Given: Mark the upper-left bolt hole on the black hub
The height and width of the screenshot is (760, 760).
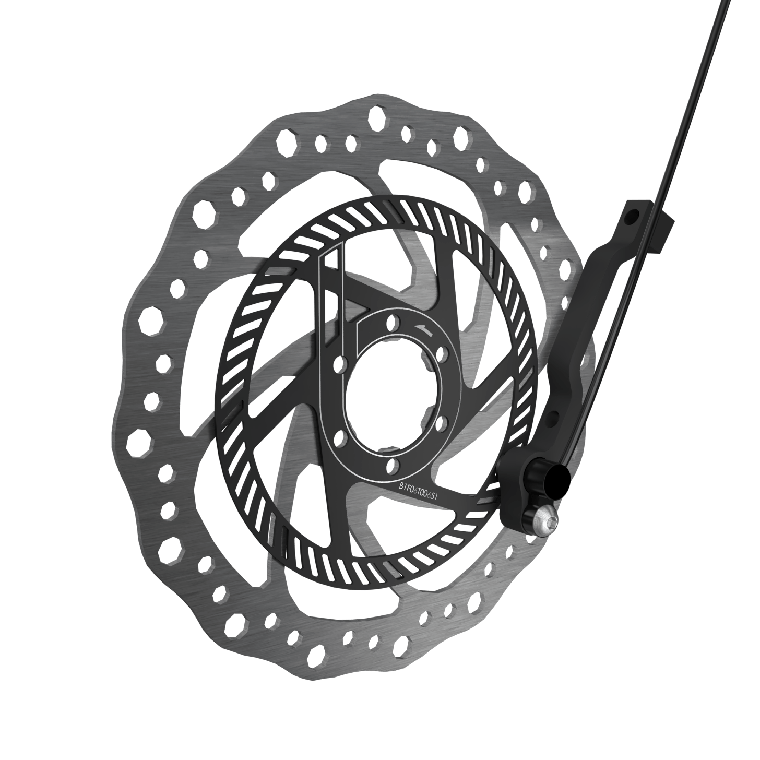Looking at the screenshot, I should [x=342, y=362].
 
